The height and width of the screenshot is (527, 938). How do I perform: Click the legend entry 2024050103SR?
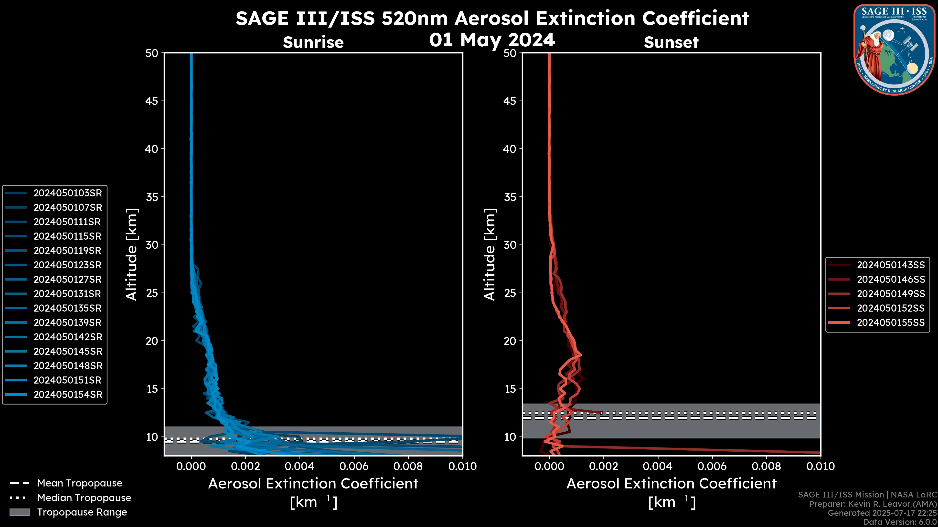[68, 193]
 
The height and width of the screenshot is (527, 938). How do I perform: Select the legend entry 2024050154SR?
[68, 395]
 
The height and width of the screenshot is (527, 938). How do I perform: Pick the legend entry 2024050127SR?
[68, 279]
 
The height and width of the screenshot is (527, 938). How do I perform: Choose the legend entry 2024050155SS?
[891, 323]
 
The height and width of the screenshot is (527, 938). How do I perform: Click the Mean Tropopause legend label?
[80, 483]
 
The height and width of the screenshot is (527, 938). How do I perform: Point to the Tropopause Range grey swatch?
[20, 512]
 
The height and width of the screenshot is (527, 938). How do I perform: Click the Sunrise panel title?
[313, 42]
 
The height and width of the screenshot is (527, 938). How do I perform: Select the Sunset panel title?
[671, 42]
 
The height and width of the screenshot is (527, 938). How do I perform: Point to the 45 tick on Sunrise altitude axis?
[152, 101]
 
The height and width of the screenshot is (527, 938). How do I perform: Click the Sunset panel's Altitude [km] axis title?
[490, 254]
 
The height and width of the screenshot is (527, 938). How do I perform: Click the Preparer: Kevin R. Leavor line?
[873, 504]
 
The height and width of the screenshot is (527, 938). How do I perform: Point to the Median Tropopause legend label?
[84, 497]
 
